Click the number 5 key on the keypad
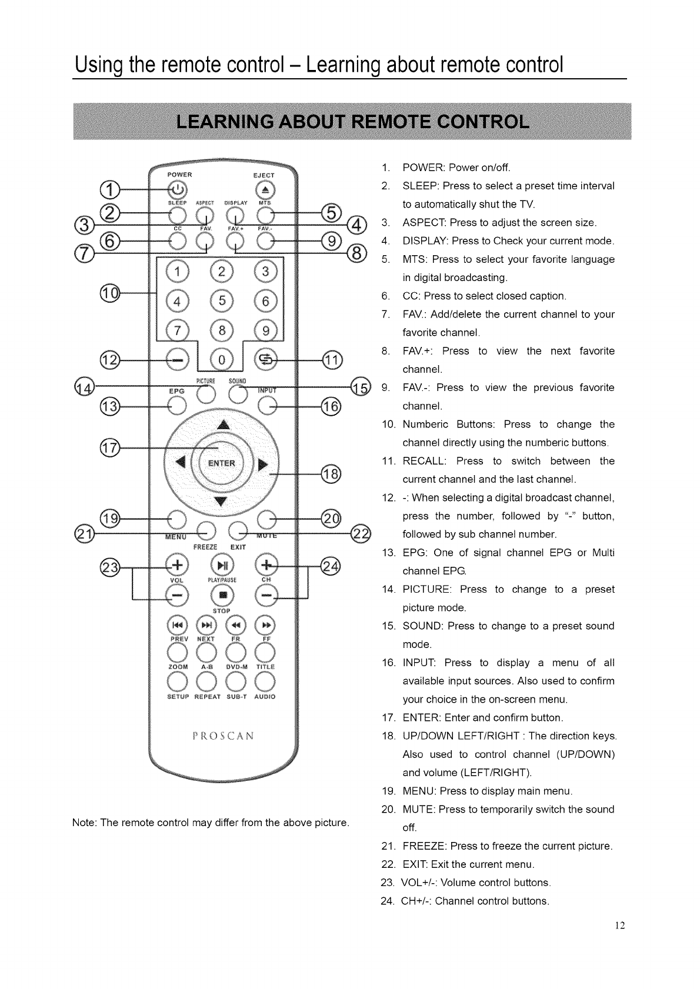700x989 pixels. pyautogui.click(x=222, y=301)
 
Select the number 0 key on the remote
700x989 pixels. pyautogui.click(x=222, y=358)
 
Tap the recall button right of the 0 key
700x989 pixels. pyautogui.click(x=266, y=359)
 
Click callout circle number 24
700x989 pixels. pyautogui.click(x=331, y=567)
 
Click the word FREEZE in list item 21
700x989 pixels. pyautogui.click(x=425, y=846)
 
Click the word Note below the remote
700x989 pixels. pyautogui.click(x=84, y=821)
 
